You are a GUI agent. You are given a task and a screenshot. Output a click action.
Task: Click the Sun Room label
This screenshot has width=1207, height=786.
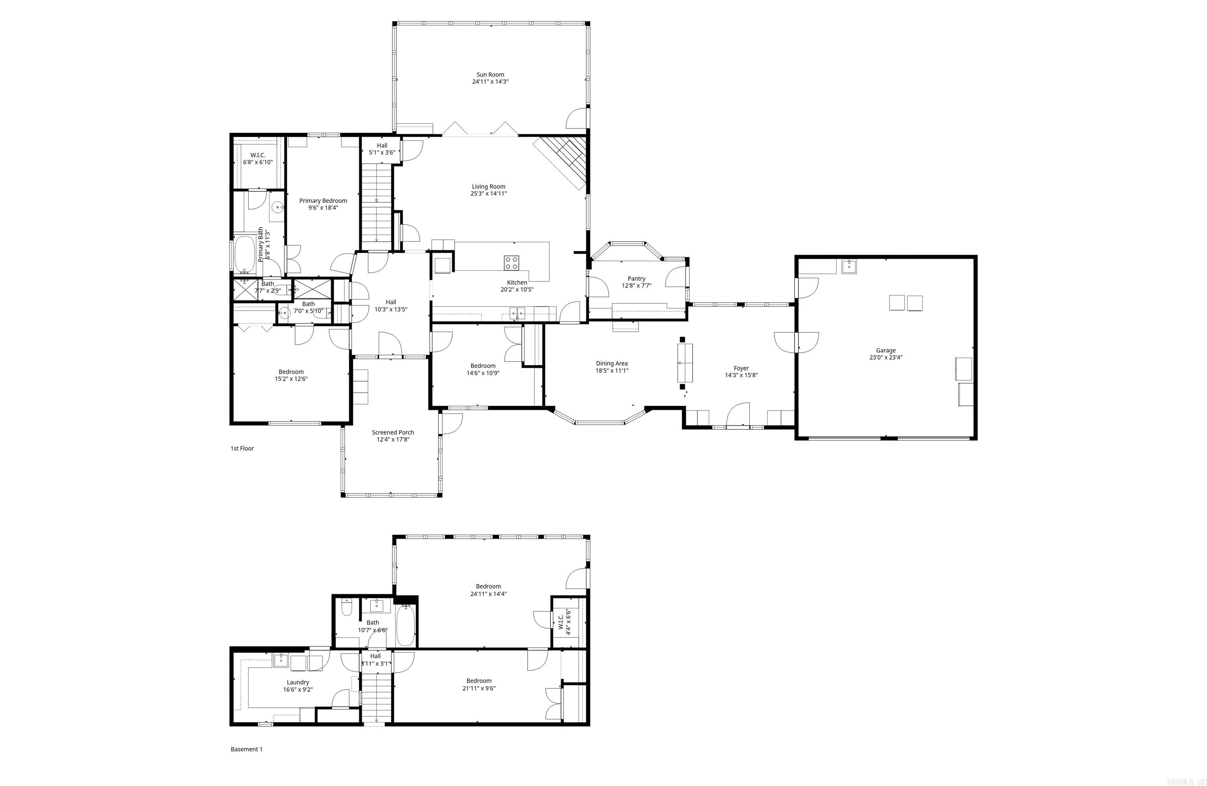490,75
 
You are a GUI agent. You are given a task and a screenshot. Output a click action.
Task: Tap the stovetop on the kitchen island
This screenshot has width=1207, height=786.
511,263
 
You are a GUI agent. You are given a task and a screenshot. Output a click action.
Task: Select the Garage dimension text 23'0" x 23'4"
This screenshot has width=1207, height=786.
886,357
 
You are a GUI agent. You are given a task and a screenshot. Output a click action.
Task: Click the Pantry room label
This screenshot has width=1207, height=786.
637,279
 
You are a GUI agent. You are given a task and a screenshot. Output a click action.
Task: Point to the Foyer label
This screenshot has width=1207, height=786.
741,368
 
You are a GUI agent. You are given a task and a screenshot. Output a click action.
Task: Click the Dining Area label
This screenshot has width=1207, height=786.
612,363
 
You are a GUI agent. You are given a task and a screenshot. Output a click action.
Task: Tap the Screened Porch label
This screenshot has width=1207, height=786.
393,432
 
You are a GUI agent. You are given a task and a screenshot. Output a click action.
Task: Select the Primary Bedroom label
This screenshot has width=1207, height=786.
323,201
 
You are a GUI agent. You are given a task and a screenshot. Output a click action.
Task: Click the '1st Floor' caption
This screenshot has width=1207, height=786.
242,448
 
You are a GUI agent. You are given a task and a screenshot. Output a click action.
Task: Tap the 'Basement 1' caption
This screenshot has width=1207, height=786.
246,749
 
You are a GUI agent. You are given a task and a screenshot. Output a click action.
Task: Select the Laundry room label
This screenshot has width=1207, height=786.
298,683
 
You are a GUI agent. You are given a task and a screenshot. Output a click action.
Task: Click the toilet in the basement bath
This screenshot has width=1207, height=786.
347,608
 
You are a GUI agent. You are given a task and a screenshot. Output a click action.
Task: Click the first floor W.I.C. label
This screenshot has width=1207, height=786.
258,155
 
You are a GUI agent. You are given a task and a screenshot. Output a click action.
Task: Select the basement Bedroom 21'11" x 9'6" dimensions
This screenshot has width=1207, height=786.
479,689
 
